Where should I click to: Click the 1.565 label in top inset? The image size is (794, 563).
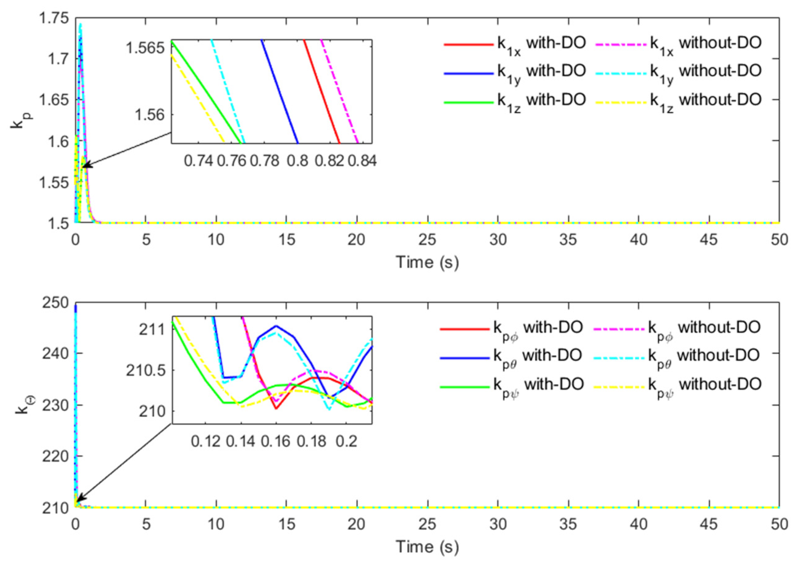point(145,47)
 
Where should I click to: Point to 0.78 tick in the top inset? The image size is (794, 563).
point(265,161)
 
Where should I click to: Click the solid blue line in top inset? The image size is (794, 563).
point(279,92)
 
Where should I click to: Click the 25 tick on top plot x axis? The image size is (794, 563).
point(427,240)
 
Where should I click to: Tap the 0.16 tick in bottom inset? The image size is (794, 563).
point(276,441)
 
